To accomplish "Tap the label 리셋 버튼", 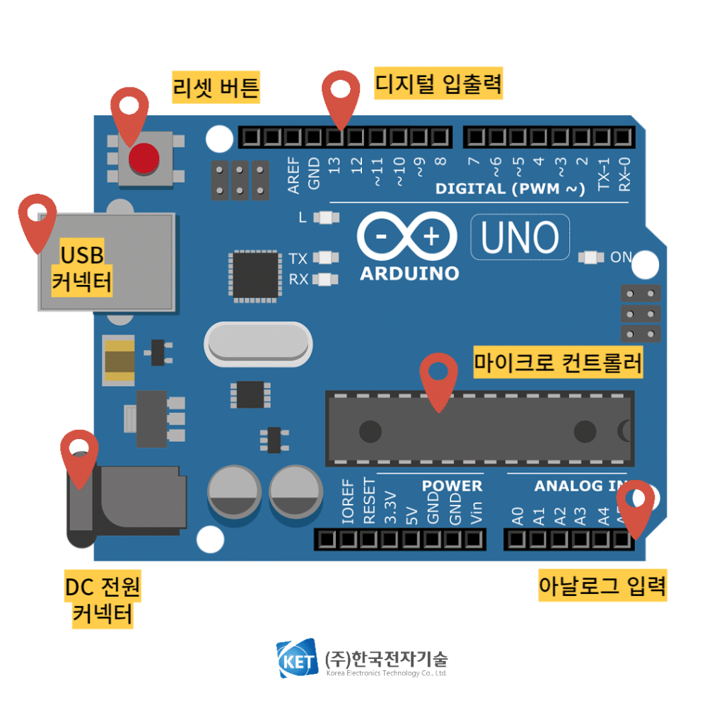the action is pos(216,88).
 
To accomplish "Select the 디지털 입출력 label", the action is pos(438,84).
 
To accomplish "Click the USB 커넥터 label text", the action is pos(82,268).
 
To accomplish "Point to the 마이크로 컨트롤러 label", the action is pos(559,364).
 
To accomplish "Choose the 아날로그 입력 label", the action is pos(602,586).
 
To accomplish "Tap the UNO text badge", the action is pos(520,237).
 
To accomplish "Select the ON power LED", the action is pos(588,257).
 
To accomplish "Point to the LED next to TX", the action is pos(325,258).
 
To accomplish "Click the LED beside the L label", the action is pos(325,218).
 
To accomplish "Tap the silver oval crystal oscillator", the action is pos(257,344).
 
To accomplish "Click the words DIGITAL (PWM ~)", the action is pos(510,189).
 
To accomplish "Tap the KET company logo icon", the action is pos(297,660).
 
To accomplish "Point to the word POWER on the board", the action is pos(452,486).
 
